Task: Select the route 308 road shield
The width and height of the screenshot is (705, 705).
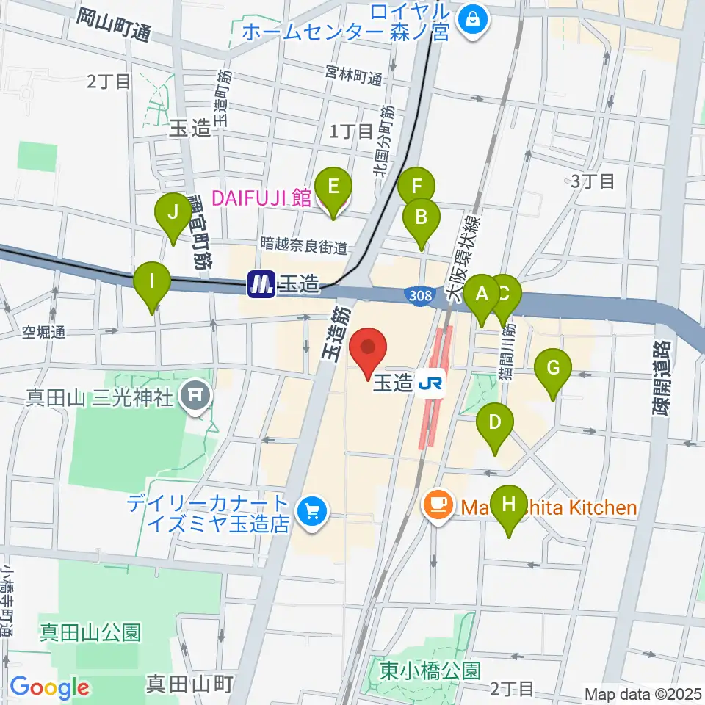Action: [416, 294]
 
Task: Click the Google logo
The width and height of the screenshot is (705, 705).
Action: [49, 687]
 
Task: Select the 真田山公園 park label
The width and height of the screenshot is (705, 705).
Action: [90, 632]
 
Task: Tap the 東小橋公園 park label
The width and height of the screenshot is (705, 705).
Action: [430, 670]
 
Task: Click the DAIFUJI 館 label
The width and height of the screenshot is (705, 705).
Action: [261, 198]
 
